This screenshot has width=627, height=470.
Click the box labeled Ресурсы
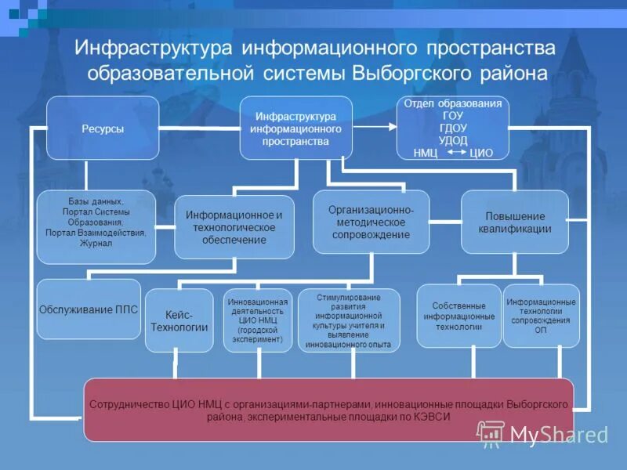103,128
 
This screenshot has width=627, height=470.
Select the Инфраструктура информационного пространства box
295,128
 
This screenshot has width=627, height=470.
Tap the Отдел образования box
452,128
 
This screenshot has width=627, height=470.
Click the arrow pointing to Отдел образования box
375,126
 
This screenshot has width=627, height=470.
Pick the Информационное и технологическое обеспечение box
234,227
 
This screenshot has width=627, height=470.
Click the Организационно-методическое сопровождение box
371,222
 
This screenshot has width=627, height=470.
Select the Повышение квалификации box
514,222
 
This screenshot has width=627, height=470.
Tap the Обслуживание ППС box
88,309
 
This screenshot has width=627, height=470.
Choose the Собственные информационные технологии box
458,316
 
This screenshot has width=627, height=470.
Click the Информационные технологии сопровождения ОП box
541,316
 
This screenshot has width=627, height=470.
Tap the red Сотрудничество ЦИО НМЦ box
328,410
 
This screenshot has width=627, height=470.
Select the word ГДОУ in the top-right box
454,128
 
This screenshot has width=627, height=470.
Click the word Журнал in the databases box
96,244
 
